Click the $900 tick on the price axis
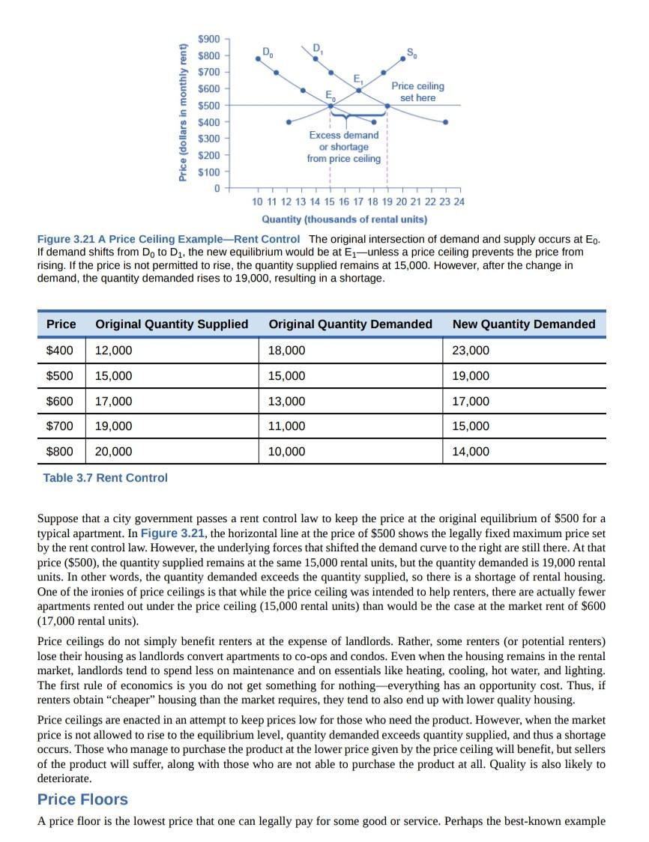[210, 39]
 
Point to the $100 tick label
[210, 172]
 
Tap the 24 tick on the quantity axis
[459, 202]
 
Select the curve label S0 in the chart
[413, 52]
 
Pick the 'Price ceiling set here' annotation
[417, 92]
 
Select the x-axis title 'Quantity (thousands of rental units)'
[344, 219]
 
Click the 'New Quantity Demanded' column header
[524, 324]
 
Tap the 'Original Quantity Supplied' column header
[172, 324]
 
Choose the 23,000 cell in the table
[471, 351]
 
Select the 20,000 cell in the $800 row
[113, 452]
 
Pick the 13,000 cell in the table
[286, 402]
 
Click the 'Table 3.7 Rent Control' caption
[106, 478]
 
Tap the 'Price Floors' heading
[82, 799]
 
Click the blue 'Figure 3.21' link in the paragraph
[169, 533]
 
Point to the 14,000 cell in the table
[471, 452]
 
